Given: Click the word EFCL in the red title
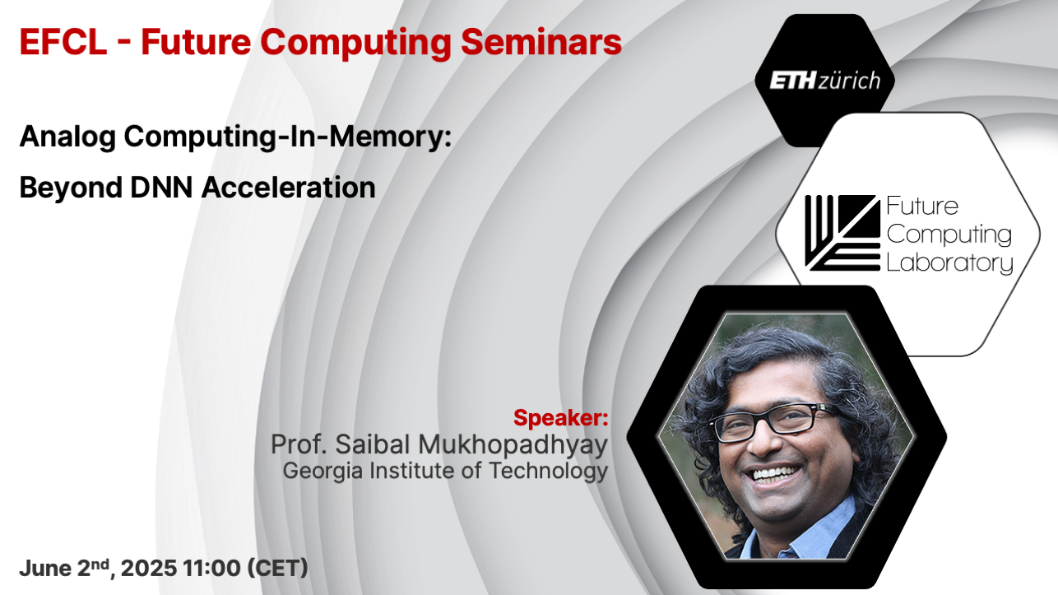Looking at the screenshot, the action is pos(63,42).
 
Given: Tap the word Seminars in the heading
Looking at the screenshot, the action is pos(541,42).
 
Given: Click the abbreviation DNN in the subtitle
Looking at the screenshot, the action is pos(161,187).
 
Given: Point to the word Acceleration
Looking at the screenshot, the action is pos(289,187).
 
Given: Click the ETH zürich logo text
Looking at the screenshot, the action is pos(824,81).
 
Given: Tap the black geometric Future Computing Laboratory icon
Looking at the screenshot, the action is pos(842,233).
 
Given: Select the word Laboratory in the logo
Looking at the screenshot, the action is pos(949,263).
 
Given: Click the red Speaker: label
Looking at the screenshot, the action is pos(560,418).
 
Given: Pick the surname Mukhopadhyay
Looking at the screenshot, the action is pos(513,445).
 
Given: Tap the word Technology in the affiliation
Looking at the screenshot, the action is pos(549,472).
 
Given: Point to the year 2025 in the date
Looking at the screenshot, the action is pos(149,568).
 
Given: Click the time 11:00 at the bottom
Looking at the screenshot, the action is pos(211,568).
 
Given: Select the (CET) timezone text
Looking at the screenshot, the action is pos(278,568).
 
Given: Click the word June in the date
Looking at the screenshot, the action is pos(45,568).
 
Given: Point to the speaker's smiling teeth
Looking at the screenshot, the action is pos(776,473).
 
